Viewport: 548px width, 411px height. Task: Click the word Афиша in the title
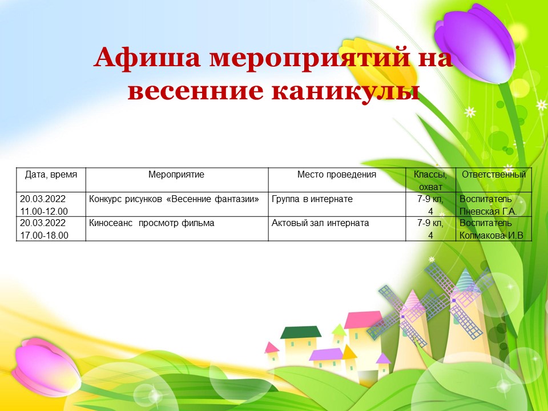coord(147,58)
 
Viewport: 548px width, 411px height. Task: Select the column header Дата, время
coord(51,175)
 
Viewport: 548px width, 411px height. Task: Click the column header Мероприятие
coord(176,175)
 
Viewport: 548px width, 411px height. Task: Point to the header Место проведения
coord(337,175)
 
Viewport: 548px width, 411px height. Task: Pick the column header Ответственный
coord(494,175)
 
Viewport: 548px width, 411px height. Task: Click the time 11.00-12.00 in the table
coord(44,211)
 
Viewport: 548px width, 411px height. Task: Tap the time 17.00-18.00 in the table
coord(44,236)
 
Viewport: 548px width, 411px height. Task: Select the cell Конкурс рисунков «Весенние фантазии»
coord(174,199)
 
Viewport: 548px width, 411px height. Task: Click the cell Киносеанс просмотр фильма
coord(152,223)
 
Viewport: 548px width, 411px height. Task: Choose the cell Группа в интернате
coord(312,199)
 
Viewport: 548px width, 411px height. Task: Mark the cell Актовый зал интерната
coord(320,223)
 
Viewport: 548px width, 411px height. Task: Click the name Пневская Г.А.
coord(488,211)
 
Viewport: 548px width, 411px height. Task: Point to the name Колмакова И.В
coord(491,236)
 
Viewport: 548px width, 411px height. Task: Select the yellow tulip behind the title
coord(379,63)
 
